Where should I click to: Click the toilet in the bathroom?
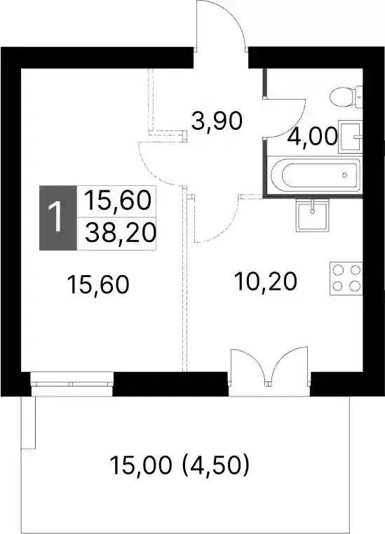point(346,97)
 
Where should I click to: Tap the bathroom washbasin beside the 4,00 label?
point(350,137)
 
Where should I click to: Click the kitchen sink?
point(313,215)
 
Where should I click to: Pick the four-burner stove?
point(346,279)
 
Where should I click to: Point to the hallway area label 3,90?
point(217,121)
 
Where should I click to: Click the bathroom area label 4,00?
point(313,137)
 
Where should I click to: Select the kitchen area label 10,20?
point(266,281)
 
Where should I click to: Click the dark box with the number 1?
point(58,218)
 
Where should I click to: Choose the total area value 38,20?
point(121,233)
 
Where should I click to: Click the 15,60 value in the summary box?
point(117,201)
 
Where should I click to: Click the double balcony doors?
point(269,367)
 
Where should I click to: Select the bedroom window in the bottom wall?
point(72,384)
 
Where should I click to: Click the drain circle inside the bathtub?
point(345,175)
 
